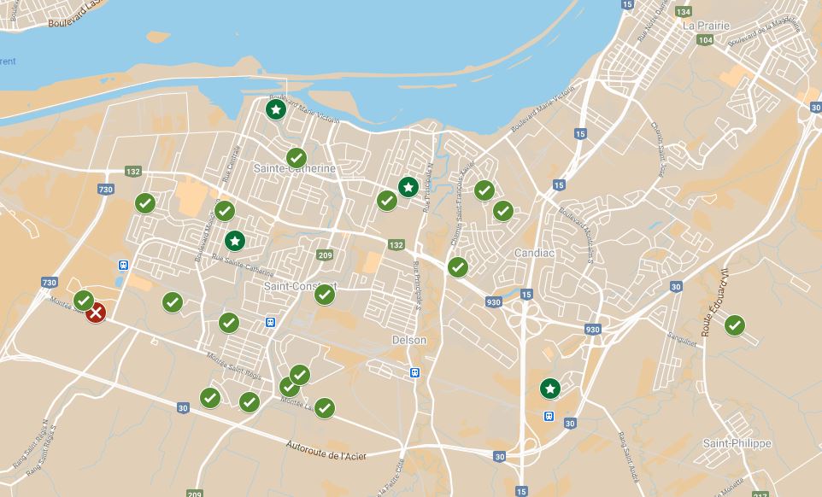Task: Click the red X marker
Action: pyautogui.click(x=97, y=313)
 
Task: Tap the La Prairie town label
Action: pyautogui.click(x=707, y=26)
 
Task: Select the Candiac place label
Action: pyautogui.click(x=536, y=254)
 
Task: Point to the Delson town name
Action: pyautogui.click(x=408, y=340)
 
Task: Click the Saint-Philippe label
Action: pyautogui.click(x=737, y=443)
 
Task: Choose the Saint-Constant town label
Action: pyautogui.click(x=299, y=285)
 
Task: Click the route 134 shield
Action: pyautogui.click(x=683, y=12)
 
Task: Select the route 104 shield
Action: pyautogui.click(x=705, y=40)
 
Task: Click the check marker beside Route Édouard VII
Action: pyautogui.click(x=734, y=325)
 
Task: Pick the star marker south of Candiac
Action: pyautogui.click(x=550, y=389)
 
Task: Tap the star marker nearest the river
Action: pyautogui.click(x=275, y=109)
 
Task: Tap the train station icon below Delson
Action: pyautogui.click(x=414, y=372)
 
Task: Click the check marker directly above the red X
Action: pyautogui.click(x=83, y=301)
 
